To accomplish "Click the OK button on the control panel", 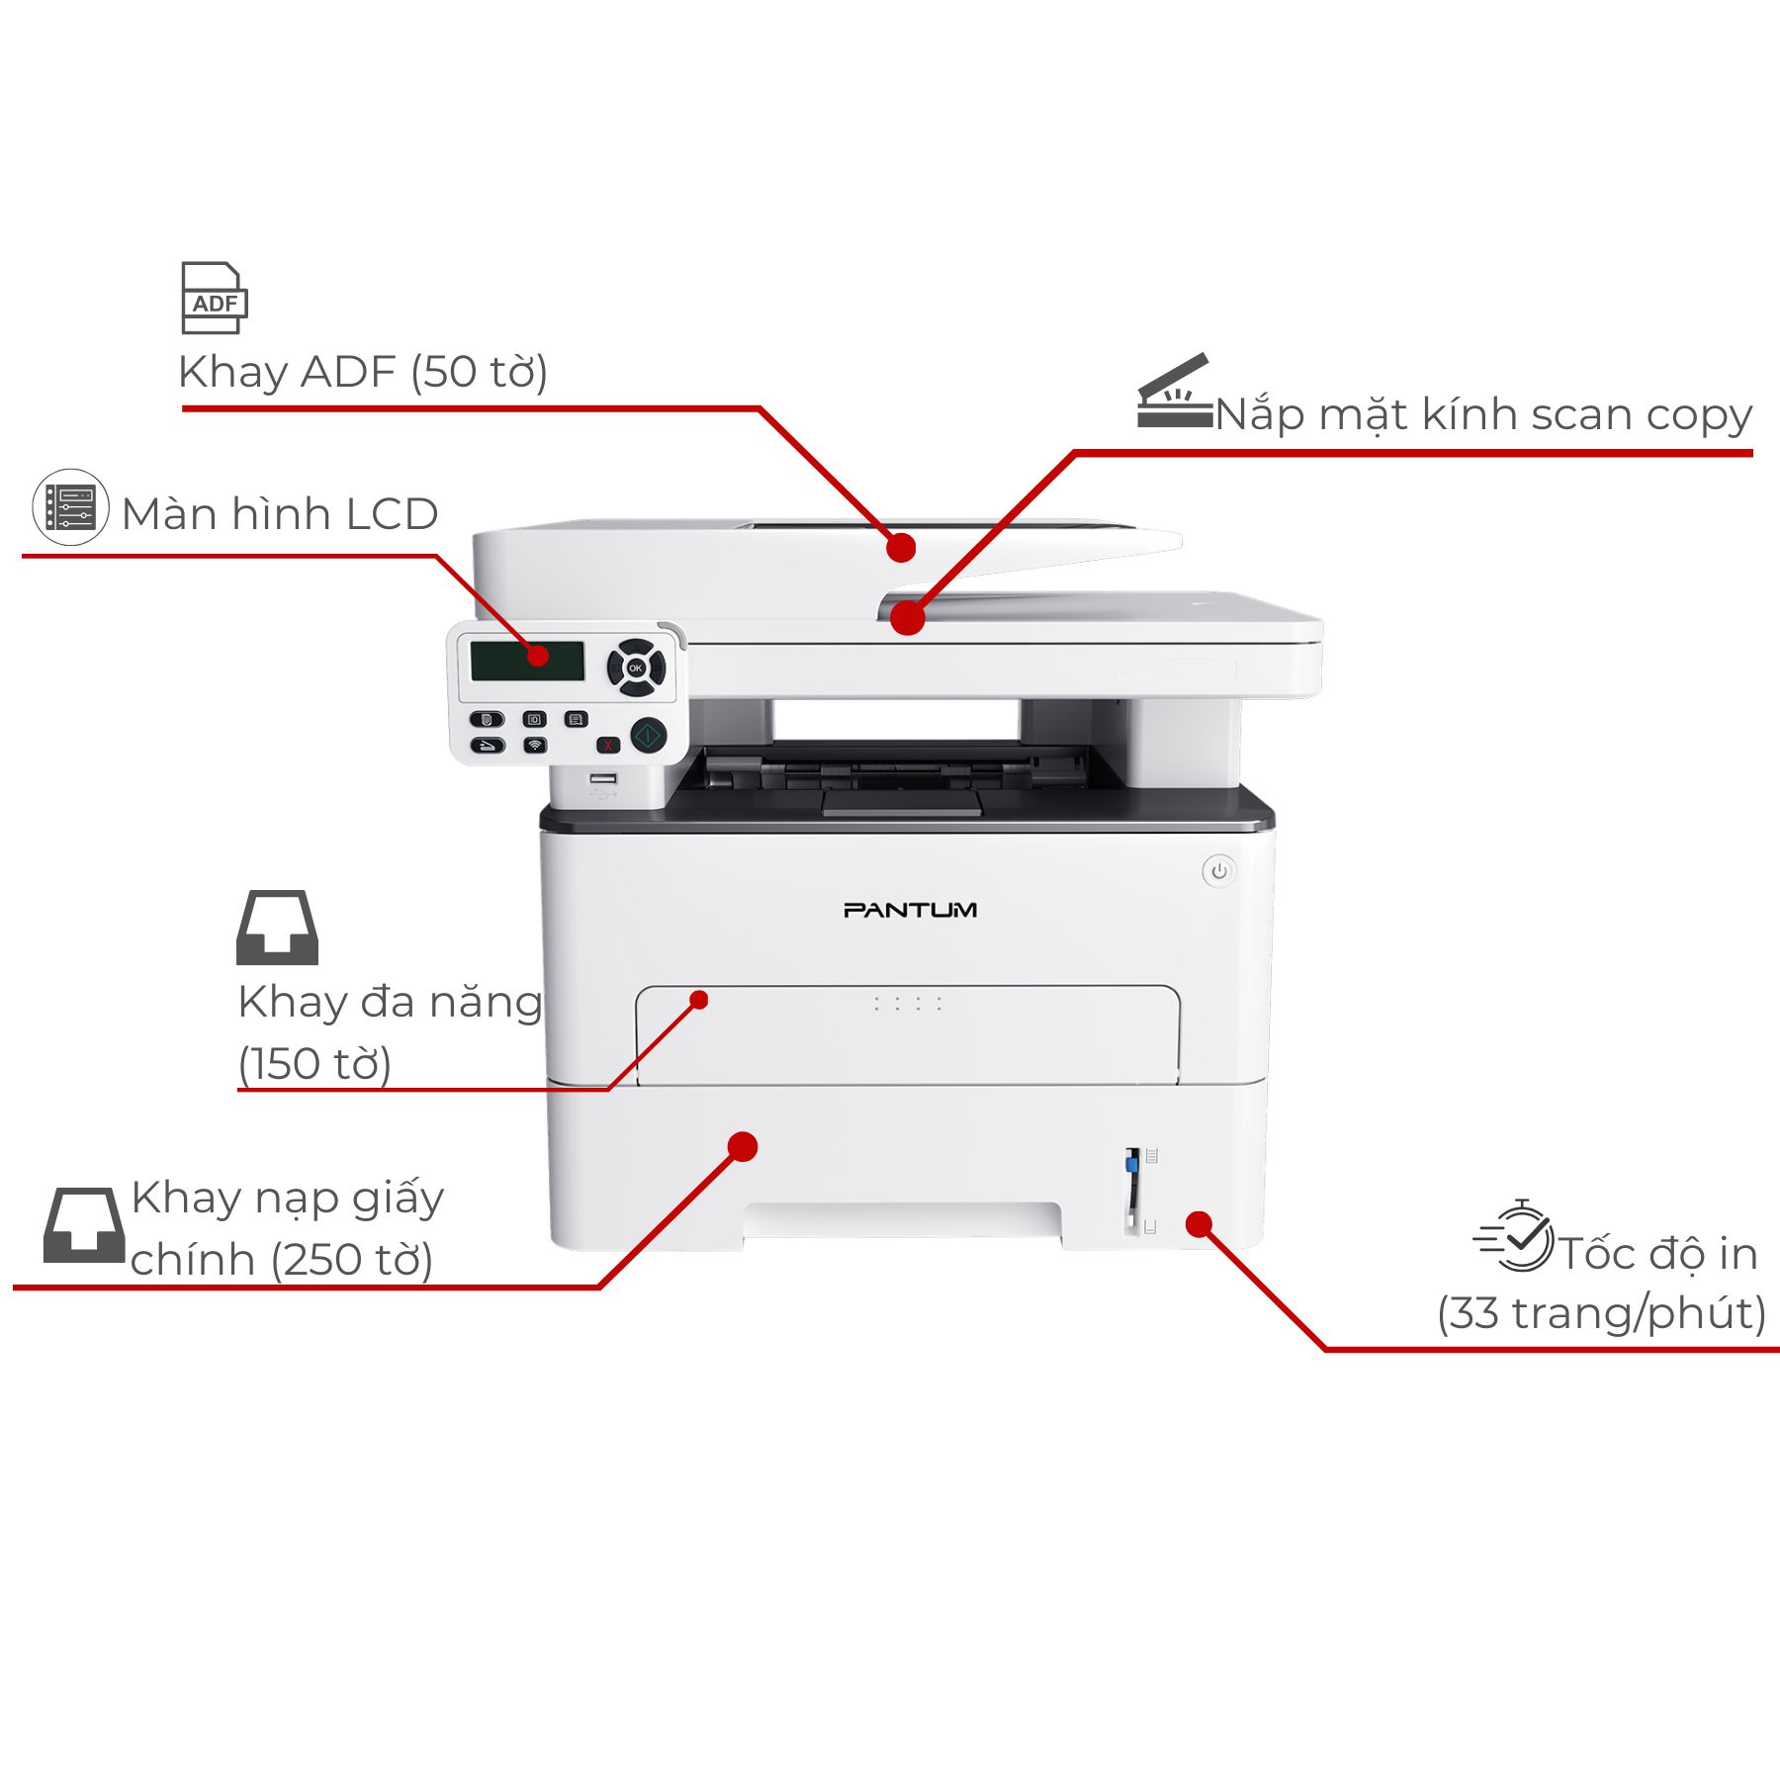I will (x=636, y=668).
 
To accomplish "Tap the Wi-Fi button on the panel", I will (x=535, y=745).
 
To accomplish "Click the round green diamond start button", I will (x=648, y=735).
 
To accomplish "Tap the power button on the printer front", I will (x=1219, y=871).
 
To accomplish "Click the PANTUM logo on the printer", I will (x=910, y=910).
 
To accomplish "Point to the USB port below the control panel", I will (x=603, y=779).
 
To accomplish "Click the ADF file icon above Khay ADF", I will (x=214, y=298).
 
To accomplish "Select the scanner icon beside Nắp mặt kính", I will (x=1174, y=392).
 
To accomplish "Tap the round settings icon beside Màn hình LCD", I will (x=70, y=507).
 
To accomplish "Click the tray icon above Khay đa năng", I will (x=277, y=928).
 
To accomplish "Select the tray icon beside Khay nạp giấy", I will (x=84, y=1225).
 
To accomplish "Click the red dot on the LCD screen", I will (x=538, y=656).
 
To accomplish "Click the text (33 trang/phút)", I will (x=1601, y=1313).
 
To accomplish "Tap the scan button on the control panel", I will (x=487, y=745).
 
